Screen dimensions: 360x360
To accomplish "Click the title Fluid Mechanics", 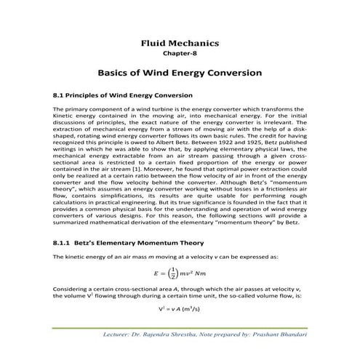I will tap(179, 44).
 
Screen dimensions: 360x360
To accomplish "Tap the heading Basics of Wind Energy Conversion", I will tap(179, 73).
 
